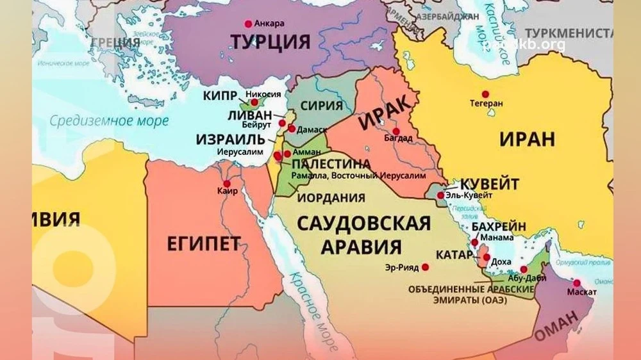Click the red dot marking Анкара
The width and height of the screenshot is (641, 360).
pyautogui.click(x=248, y=24)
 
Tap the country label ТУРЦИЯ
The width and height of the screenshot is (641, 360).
pyautogui.click(x=270, y=42)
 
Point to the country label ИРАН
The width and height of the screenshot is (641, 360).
pyautogui.click(x=527, y=138)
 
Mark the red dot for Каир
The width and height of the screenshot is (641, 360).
pyautogui.click(x=227, y=183)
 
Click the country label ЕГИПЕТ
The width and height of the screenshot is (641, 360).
pyautogui.click(x=203, y=243)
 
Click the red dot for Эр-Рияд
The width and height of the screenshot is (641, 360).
pyautogui.click(x=425, y=267)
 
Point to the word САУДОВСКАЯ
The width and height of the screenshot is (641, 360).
pyautogui.click(x=362, y=224)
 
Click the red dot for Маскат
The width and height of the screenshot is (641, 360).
pyautogui.click(x=577, y=283)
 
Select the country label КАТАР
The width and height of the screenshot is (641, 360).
pyautogui.click(x=453, y=254)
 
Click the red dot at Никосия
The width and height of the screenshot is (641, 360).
pyautogui.click(x=254, y=102)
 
